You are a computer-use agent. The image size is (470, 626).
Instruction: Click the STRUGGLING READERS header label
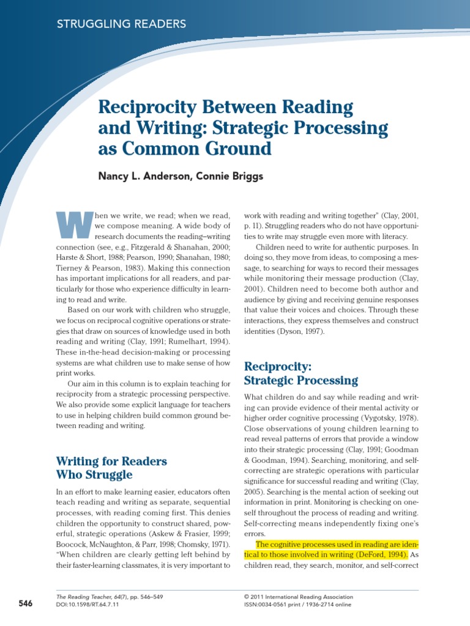coord(121,24)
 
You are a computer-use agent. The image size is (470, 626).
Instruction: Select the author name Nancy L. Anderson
coord(144,177)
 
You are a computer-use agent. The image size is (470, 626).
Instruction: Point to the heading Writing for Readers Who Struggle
coord(111,467)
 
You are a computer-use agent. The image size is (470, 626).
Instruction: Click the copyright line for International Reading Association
coord(298,596)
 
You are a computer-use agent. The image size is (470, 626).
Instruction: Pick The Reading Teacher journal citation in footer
coord(109,596)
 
